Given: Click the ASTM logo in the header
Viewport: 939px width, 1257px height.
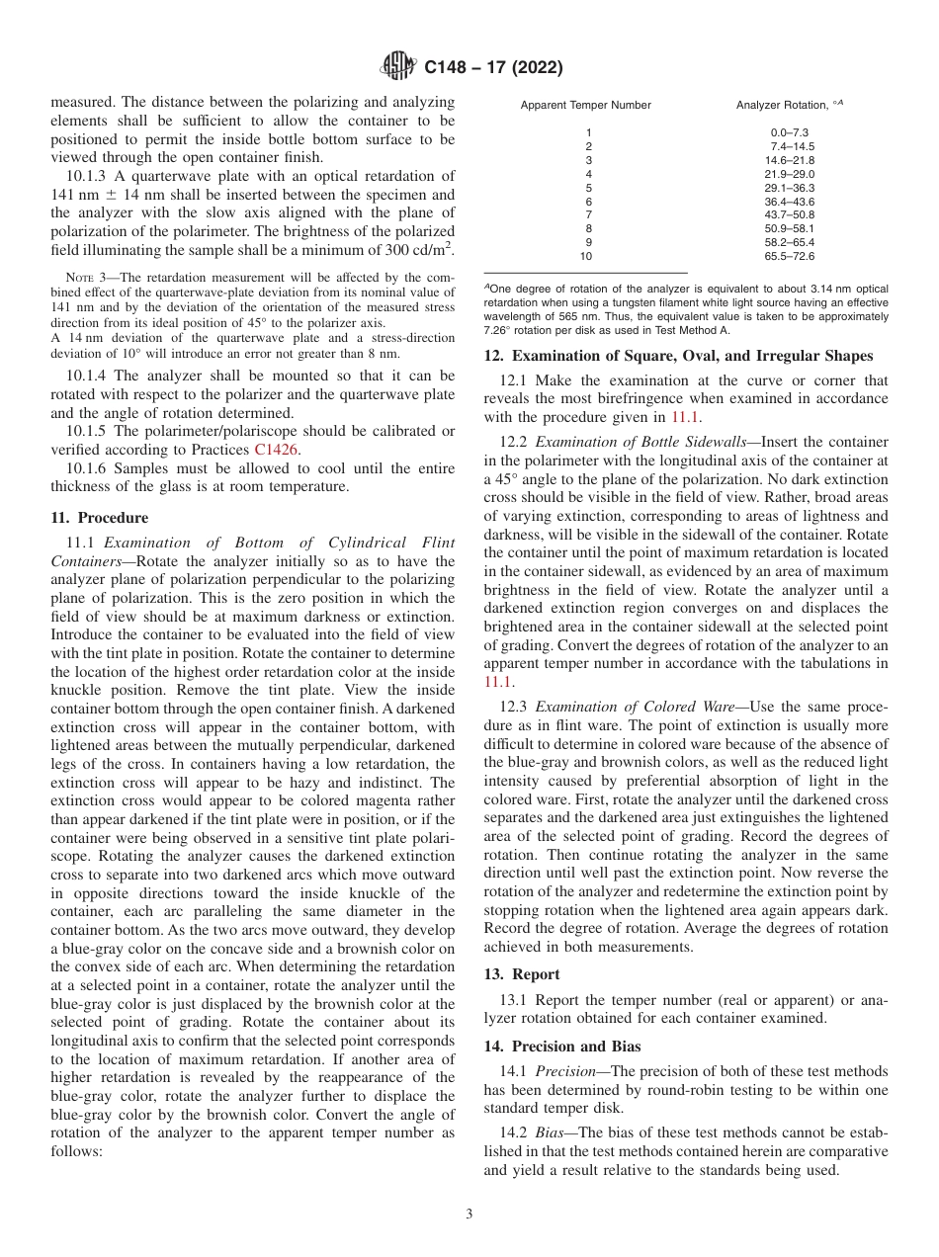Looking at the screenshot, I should [x=398, y=67].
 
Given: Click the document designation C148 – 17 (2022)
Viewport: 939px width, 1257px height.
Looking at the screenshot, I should [x=493, y=68].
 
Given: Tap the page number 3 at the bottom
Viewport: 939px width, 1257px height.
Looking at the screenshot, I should [x=469, y=1215].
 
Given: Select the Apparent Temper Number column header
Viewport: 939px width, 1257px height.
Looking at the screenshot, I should [x=586, y=105].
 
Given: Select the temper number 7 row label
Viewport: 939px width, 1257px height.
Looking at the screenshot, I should [x=588, y=214].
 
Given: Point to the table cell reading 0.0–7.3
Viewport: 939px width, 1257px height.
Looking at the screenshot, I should [x=790, y=132].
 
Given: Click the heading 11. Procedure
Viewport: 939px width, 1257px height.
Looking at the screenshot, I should [x=99, y=518].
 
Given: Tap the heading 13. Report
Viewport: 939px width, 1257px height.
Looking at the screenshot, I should [x=522, y=974].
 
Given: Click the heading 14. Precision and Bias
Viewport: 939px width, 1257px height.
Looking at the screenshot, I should [x=562, y=1047].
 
